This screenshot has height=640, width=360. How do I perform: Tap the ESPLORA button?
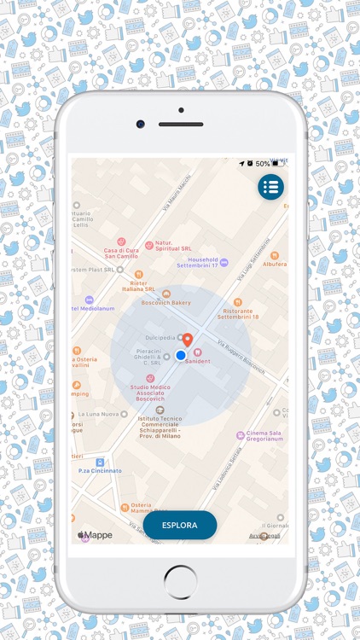point(180,525)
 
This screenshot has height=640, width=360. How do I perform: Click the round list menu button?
point(271,187)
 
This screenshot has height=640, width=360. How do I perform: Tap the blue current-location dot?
point(181,355)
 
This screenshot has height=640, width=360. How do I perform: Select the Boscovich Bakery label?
point(165,302)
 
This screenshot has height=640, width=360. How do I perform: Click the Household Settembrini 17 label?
point(198,262)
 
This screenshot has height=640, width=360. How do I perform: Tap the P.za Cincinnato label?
point(101,470)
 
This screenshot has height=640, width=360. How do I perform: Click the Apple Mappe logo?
point(96,535)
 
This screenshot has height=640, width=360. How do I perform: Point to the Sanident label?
point(197,361)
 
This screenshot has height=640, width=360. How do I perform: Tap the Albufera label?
point(274,265)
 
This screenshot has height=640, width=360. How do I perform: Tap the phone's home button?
point(180,583)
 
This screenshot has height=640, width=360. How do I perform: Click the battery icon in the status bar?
point(275,163)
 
